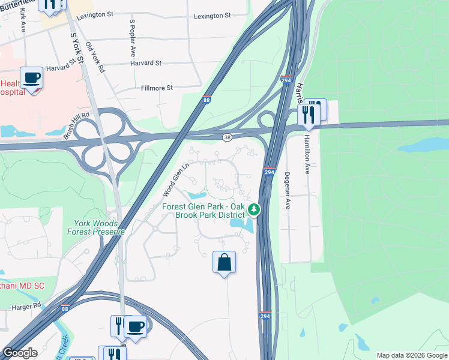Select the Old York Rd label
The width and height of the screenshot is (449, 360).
pyautogui.click(x=95, y=58)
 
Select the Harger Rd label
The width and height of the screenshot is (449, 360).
pyautogui.click(x=26, y=307)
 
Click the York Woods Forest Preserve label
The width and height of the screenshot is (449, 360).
pyautogui.click(x=96, y=227)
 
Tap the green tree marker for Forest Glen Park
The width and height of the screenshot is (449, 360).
pyautogui.click(x=255, y=209)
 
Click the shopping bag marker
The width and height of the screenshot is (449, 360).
pyautogui.click(x=224, y=262)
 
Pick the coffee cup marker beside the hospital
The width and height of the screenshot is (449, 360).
pyautogui.click(x=31, y=78)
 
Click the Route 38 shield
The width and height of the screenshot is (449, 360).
pyautogui.click(x=227, y=138)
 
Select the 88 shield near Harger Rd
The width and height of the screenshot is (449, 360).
pyautogui.click(x=65, y=308)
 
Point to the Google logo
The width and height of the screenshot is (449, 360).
pyautogui.click(x=20, y=353)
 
